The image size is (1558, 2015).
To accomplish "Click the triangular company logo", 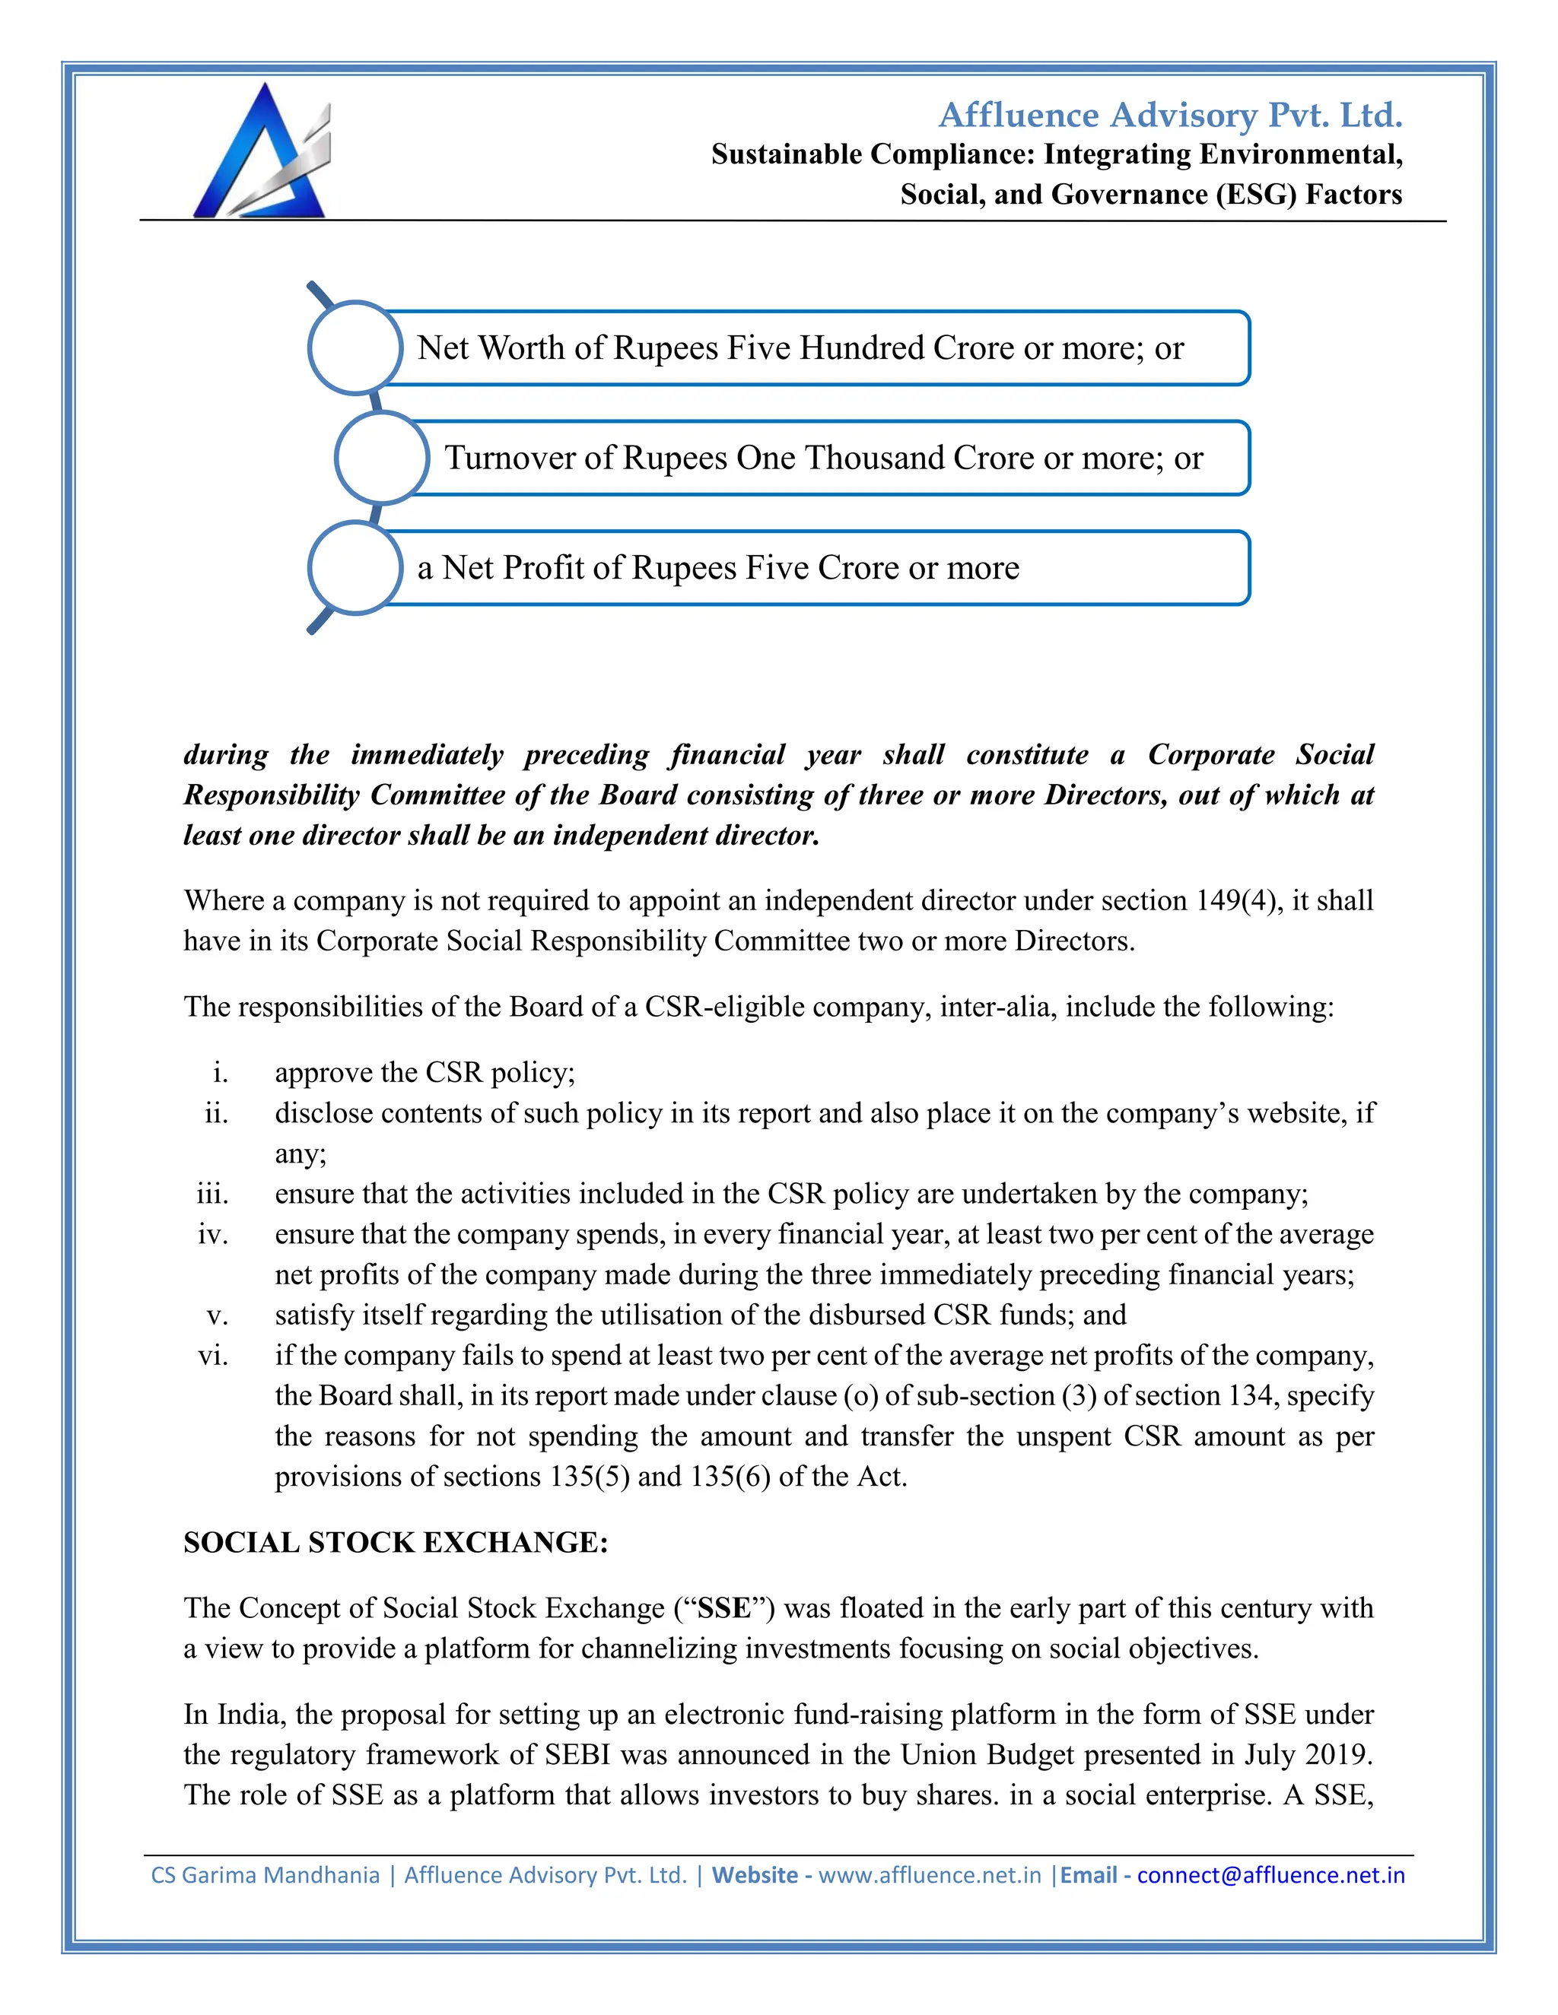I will [x=260, y=153].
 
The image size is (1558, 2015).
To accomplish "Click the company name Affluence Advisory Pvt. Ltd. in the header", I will [x=1170, y=116].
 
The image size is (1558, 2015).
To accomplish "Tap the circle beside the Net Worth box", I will [x=355, y=347].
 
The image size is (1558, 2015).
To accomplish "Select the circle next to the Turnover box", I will [x=381, y=458].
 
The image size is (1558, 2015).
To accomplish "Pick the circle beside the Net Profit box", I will [x=355, y=567].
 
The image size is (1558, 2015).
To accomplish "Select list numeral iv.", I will [x=212, y=1233].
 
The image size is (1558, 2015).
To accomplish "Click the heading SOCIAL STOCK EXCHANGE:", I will [x=396, y=1543].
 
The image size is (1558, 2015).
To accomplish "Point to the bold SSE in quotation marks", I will [x=724, y=1608].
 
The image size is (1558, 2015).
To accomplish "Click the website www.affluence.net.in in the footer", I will [x=930, y=1876].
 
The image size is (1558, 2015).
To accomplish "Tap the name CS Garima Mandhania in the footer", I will [x=265, y=1876].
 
